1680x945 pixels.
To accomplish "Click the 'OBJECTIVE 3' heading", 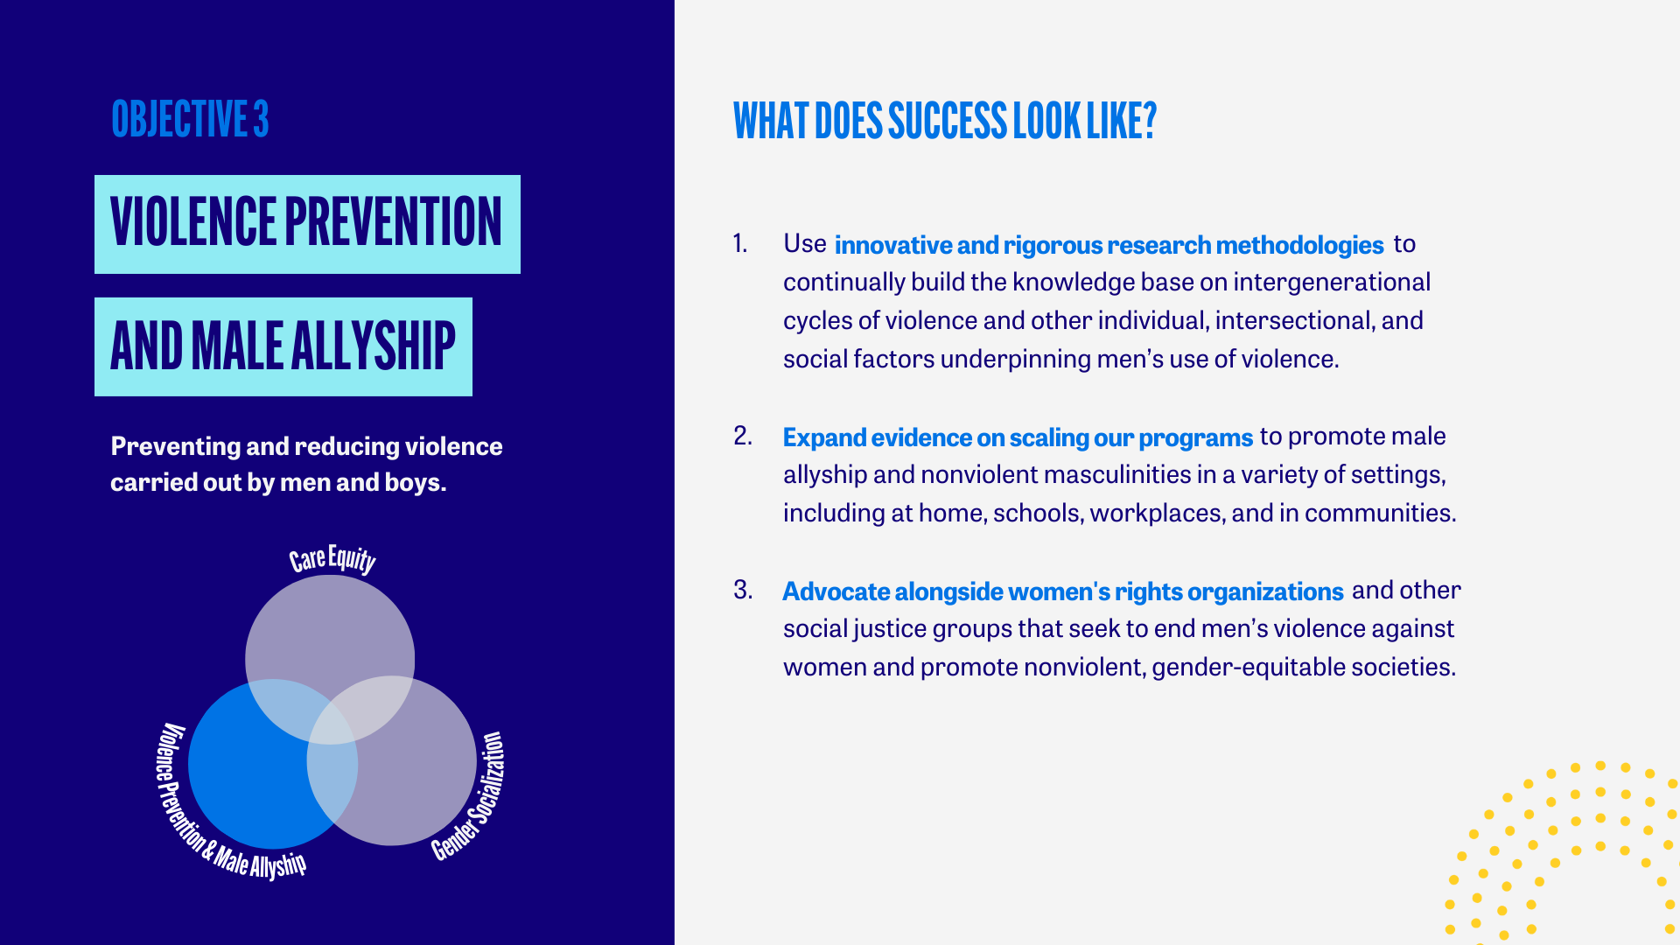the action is click(x=190, y=119).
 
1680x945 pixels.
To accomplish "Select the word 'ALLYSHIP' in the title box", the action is click(x=373, y=346).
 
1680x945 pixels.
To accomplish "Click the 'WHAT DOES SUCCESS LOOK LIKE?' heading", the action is click(x=945, y=121).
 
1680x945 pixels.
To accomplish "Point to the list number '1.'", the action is click(x=740, y=243).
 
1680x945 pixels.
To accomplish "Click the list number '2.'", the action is click(x=743, y=436).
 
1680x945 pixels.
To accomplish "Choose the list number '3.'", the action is click(x=743, y=590).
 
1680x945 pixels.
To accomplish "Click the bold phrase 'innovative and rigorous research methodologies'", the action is click(x=1109, y=245).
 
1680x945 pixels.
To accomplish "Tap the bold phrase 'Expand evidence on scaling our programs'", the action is click(x=1018, y=437).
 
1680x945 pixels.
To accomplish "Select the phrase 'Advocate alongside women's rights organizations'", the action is click(x=1063, y=591).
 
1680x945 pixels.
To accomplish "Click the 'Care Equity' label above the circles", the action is click(x=332, y=560).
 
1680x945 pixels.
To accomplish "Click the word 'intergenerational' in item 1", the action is click(x=1332, y=282).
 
